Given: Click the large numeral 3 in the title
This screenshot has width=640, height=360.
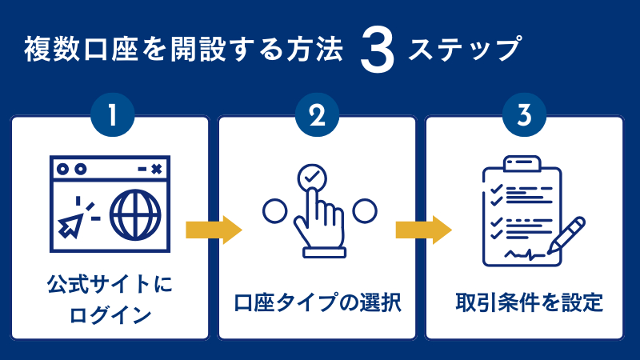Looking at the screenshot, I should pyautogui.click(x=378, y=53).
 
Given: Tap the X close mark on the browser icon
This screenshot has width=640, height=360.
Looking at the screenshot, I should pyautogui.click(x=156, y=169).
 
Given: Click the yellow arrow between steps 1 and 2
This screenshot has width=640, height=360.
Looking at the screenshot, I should pyautogui.click(x=213, y=230).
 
